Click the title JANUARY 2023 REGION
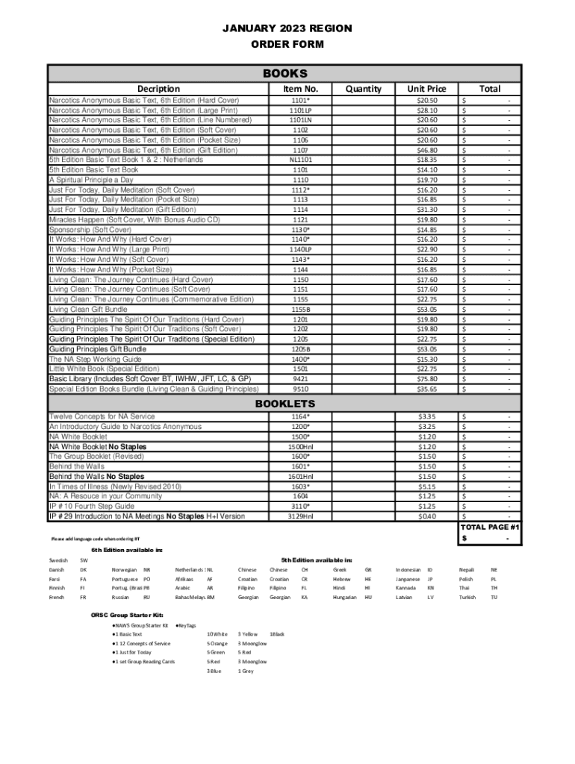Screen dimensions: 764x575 287,28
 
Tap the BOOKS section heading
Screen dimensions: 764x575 285,74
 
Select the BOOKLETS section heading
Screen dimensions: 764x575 285,403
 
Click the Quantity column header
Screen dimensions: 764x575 364,89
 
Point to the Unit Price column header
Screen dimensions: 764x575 427,89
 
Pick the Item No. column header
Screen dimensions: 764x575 301,89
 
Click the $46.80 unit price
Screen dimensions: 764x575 427,150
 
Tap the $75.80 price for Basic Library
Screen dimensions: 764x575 427,378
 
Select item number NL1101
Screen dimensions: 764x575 301,160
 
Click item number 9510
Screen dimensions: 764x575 301,389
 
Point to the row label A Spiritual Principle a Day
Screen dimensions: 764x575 91,180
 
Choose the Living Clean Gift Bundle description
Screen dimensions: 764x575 88,309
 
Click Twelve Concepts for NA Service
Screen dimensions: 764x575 102,416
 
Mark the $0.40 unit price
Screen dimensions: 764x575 427,516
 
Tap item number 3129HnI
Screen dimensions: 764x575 301,516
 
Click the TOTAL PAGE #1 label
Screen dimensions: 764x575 489,527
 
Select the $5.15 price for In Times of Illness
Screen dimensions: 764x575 427,486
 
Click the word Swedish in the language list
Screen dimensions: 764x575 58,560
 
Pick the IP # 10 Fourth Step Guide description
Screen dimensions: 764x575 92,506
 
